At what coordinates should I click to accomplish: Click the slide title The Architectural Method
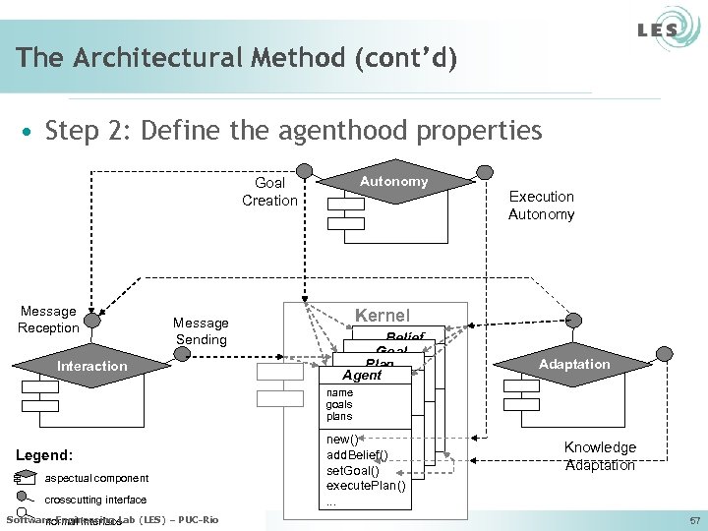236,58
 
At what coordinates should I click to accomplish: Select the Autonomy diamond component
393,182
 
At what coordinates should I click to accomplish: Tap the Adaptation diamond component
574,365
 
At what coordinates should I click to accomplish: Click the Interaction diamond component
91,367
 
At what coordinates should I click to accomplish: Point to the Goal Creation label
269,192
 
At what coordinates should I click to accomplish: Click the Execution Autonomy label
541,206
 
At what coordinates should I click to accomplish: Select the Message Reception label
48,320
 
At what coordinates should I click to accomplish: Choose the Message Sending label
201,331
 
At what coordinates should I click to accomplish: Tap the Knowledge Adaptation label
600,456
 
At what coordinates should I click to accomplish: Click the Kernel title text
382,316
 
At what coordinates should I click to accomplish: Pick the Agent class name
362,376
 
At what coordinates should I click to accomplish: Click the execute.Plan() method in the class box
365,486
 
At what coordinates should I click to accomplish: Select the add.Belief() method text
357,454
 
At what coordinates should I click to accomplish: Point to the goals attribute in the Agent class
338,404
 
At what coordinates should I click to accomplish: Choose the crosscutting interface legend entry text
96,500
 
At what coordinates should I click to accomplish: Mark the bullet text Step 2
293,130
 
